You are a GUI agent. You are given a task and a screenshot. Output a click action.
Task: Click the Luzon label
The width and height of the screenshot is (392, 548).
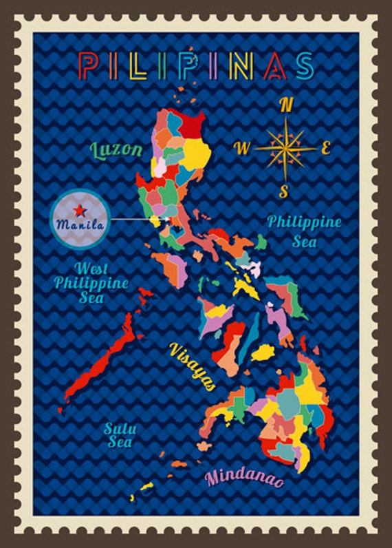[117, 149]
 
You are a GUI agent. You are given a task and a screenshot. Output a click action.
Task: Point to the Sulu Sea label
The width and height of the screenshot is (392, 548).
[120, 435]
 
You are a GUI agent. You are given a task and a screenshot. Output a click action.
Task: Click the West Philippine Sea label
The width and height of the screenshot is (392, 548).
[91, 281]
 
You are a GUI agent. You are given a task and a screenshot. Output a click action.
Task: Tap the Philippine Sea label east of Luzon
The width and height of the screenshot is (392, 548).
[304, 230]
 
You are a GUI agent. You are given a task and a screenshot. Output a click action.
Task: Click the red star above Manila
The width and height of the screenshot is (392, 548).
[80, 209]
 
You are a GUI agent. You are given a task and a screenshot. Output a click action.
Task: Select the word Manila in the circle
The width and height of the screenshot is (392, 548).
[80, 224]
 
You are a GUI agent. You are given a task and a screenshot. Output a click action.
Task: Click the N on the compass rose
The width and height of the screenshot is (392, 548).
[287, 105]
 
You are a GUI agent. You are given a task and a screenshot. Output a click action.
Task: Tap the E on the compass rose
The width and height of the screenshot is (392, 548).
[327, 147]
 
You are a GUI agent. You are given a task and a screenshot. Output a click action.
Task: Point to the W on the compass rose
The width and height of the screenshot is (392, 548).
[242, 147]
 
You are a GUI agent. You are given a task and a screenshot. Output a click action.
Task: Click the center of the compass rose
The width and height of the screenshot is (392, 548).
[283, 147]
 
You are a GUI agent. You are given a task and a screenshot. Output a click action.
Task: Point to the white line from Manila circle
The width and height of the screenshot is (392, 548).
[138, 220]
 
